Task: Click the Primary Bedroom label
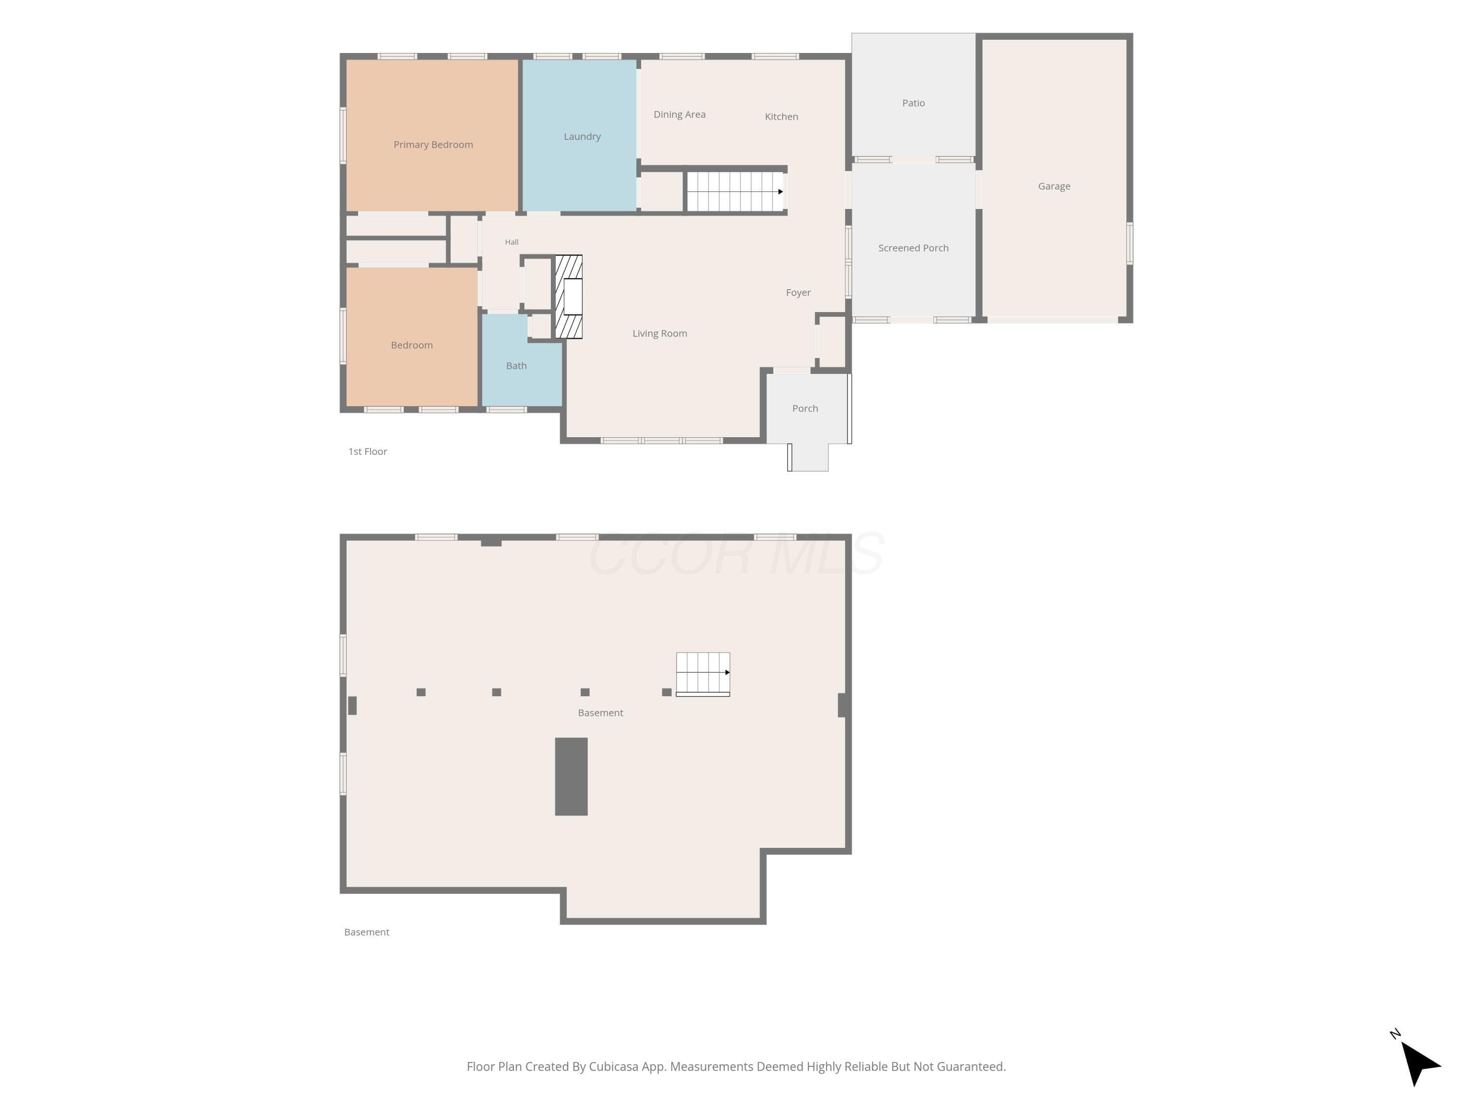433,144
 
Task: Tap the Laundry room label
582,136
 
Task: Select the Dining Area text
679,114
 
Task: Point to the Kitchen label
781,116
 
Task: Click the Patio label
913,103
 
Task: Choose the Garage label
1054,186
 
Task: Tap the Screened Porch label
913,248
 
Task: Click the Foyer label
798,292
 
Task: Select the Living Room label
659,333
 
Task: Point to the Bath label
516,366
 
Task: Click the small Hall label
512,242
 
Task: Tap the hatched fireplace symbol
569,297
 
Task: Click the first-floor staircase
735,192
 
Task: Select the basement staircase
703,674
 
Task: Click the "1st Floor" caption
368,451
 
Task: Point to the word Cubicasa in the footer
613,1066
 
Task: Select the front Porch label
804,408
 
